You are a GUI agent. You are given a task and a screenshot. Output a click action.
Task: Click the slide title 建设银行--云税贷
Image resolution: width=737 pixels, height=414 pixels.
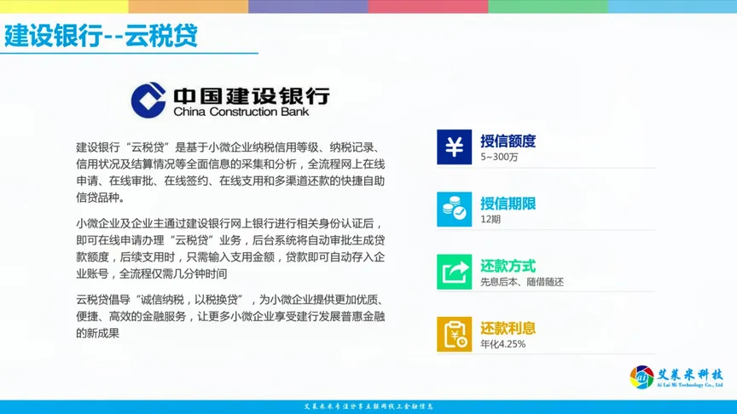point(101,36)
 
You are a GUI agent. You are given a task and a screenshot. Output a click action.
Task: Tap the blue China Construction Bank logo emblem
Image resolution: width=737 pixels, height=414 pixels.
point(148,100)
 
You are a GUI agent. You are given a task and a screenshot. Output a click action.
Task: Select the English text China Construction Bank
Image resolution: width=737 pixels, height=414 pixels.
point(241,112)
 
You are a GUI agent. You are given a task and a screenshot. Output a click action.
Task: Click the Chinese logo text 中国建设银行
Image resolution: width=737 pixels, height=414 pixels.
point(251,94)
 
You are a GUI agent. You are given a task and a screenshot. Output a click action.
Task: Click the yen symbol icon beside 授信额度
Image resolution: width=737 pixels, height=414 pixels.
point(454,147)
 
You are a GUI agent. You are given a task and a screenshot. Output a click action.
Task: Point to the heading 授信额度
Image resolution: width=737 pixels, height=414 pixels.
point(508,141)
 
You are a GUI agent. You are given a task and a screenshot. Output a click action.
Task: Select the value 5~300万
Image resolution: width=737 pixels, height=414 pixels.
point(499,158)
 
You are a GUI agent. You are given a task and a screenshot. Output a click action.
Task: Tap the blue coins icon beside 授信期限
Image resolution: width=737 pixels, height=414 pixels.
point(454,209)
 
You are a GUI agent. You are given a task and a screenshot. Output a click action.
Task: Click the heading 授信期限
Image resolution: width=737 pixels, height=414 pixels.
point(508,203)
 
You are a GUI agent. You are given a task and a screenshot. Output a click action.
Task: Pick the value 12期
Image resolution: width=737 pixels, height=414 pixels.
point(490,220)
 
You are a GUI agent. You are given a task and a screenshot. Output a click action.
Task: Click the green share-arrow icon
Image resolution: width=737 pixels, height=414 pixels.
point(454,272)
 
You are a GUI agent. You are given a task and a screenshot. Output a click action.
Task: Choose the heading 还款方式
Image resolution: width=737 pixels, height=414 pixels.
point(508,265)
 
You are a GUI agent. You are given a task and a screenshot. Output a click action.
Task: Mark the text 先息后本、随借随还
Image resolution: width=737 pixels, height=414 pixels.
point(522,282)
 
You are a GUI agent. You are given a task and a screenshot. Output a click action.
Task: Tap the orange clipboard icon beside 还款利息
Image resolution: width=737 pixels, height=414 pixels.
point(454,334)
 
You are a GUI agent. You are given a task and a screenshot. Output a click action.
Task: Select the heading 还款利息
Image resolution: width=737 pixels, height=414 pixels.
point(508,328)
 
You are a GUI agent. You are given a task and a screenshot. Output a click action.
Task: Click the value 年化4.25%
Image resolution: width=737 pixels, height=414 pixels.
point(503,344)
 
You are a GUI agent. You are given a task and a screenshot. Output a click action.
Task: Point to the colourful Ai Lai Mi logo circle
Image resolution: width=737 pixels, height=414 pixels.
point(642,377)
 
